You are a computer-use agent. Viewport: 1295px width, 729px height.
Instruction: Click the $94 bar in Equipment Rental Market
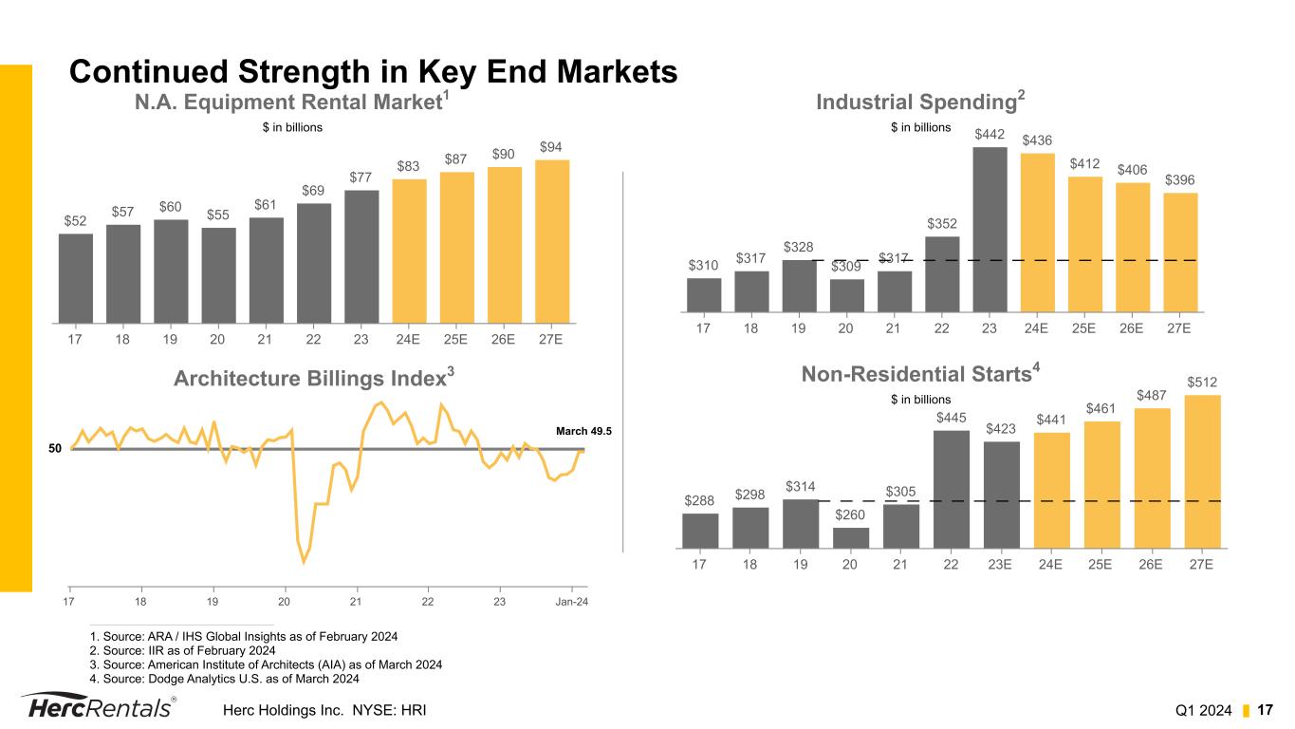click(552, 241)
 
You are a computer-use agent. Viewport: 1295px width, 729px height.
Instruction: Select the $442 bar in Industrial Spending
click(990, 229)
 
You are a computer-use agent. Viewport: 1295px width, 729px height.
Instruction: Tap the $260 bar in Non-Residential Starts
click(850, 538)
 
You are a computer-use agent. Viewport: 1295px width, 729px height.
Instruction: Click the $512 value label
click(1202, 382)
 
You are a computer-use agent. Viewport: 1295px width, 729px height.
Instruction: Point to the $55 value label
click(219, 215)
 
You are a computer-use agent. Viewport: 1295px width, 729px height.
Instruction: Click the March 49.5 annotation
click(583, 431)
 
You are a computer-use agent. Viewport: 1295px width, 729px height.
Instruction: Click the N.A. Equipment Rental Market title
click(291, 102)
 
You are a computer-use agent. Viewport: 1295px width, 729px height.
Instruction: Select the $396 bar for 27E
click(1180, 252)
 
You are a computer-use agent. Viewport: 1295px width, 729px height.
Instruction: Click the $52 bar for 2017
click(76, 277)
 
